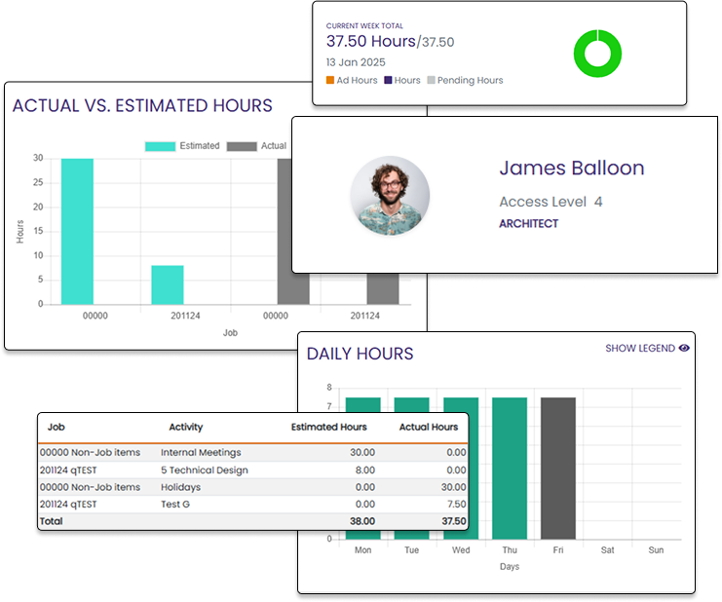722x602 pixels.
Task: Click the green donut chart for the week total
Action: (x=595, y=53)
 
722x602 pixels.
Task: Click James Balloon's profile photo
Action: (x=390, y=196)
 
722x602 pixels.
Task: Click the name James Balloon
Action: (x=571, y=168)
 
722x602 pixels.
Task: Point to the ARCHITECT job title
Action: (x=528, y=223)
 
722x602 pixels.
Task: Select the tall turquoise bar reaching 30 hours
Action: (x=77, y=231)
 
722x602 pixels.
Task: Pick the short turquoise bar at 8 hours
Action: (x=168, y=284)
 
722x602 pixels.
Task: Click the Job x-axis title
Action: (x=230, y=332)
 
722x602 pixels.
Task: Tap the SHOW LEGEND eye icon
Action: (x=684, y=348)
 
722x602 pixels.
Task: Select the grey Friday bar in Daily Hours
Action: (x=558, y=468)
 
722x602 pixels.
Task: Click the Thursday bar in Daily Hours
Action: (x=510, y=468)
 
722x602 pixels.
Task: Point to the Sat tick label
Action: (x=607, y=550)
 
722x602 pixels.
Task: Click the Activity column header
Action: (x=185, y=427)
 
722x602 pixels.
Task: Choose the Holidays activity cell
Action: (x=180, y=487)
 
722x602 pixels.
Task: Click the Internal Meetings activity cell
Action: (x=201, y=452)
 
